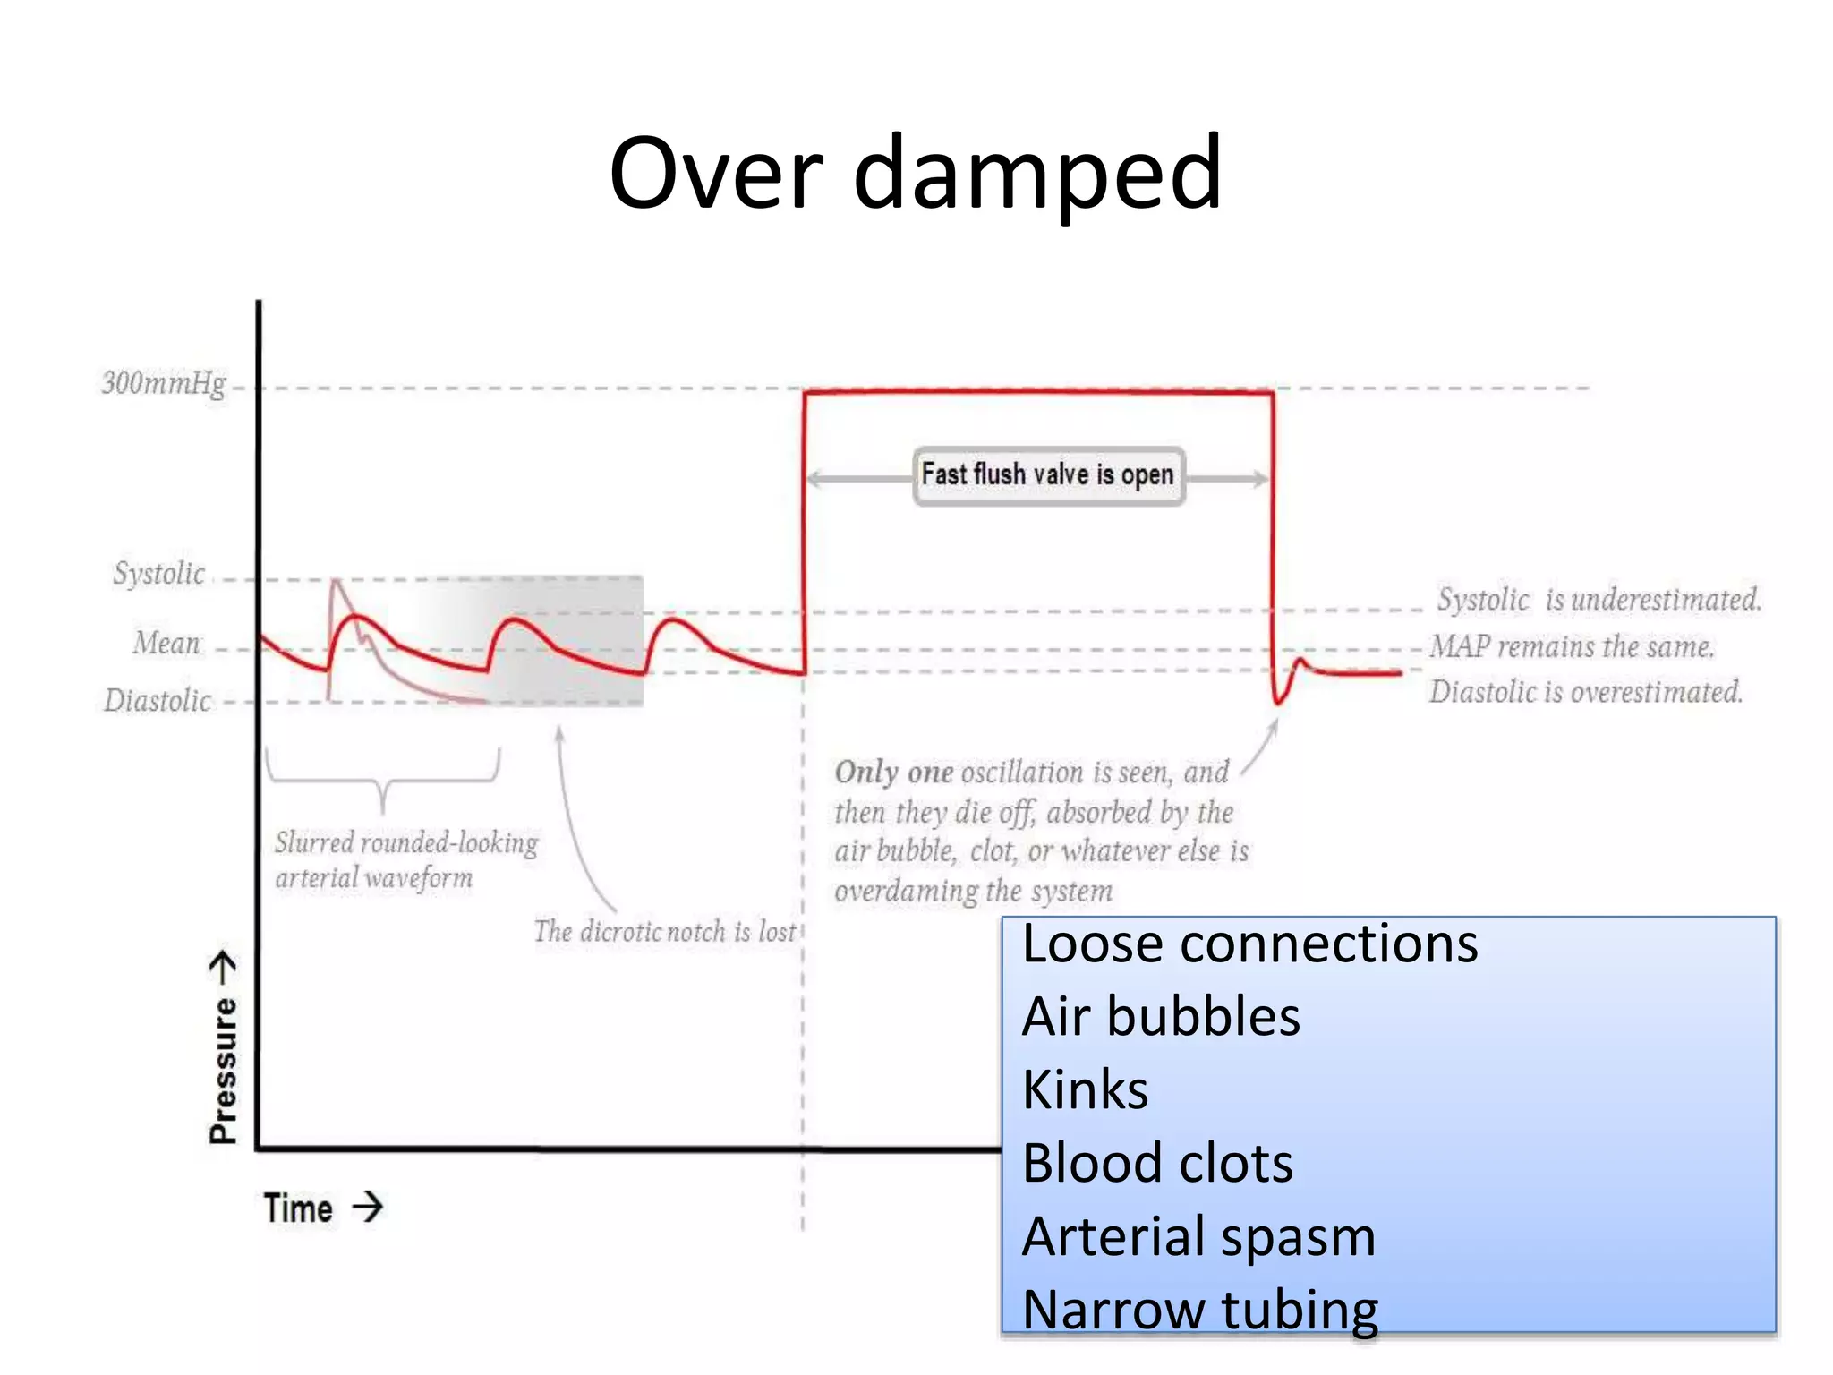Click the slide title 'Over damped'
pos(915,173)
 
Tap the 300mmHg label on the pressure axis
pos(164,384)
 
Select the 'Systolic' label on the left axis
pos(159,574)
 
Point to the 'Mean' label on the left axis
pos(166,644)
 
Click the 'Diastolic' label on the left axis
pos(158,701)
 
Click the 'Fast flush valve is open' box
pos(1048,475)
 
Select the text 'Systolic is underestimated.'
pos(1599,600)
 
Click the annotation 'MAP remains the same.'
pos(1572,646)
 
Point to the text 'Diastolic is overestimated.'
pos(1585,692)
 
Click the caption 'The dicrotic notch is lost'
pos(664,932)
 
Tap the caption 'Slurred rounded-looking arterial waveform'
pos(405,860)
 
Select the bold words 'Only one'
pos(893,773)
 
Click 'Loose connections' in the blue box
pos(1249,944)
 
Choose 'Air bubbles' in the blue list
pos(1161,1018)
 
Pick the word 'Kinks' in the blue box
pos(1085,1091)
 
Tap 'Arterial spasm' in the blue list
pos(1198,1238)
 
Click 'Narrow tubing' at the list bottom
pos(1200,1311)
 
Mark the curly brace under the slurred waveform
pos(383,777)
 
